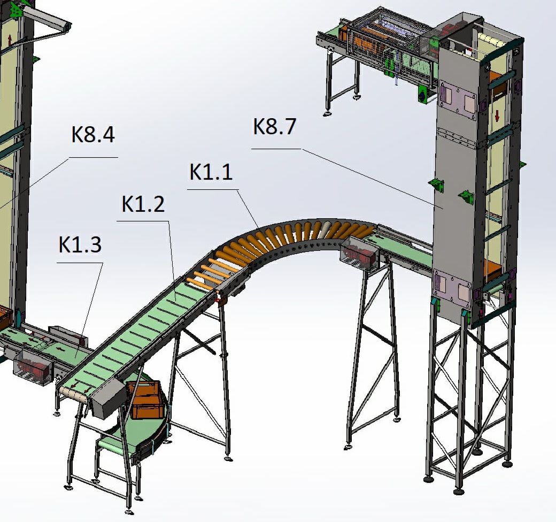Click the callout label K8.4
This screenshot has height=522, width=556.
point(93,135)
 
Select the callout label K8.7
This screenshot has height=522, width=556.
point(274,126)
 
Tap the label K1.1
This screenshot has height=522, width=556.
point(211,172)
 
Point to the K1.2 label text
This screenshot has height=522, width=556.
point(143,204)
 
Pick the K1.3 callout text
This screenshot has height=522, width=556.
point(80,245)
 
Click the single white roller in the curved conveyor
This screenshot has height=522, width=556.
point(326,229)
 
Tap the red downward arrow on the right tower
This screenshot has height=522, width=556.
point(497,115)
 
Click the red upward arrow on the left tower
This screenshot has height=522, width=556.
point(9,40)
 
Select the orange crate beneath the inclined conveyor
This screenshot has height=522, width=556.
point(145,400)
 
